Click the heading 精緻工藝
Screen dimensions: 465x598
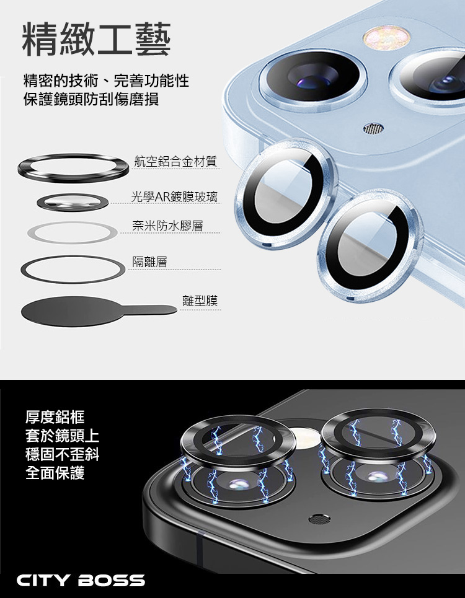click(97, 39)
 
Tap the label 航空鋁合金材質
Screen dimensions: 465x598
click(175, 161)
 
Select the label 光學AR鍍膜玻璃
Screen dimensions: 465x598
click(174, 197)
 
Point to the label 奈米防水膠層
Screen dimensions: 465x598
click(167, 226)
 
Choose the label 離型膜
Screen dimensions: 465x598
click(200, 301)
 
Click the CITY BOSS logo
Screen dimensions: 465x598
click(81, 581)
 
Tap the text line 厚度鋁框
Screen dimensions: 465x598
click(55, 417)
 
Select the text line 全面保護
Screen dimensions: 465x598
click(55, 473)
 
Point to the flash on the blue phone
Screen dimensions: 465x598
click(386, 38)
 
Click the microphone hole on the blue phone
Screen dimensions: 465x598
click(373, 130)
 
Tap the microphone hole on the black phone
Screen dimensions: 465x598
click(320, 519)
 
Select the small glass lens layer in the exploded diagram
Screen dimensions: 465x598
click(73, 202)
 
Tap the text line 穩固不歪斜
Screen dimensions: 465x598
click(62, 454)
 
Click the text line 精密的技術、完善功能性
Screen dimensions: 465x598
click(106, 81)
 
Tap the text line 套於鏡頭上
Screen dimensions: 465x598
click(62, 436)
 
